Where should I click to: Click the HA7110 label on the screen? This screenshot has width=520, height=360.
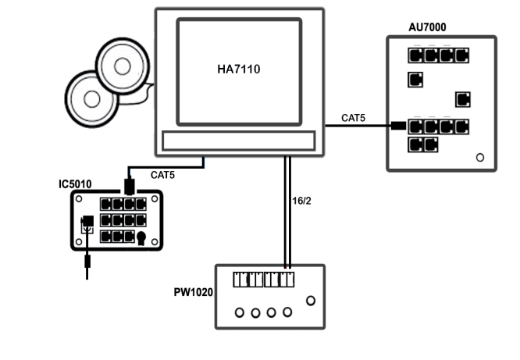[238, 70]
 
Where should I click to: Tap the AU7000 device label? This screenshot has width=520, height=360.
[427, 27]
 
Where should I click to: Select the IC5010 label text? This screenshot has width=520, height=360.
[75, 184]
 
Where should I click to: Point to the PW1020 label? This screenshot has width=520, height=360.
[194, 292]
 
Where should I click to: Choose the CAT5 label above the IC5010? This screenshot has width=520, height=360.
[162, 175]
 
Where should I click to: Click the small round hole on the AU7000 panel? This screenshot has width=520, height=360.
[479, 157]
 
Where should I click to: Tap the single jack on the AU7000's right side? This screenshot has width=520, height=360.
[463, 99]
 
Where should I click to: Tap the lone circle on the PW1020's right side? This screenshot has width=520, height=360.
[311, 300]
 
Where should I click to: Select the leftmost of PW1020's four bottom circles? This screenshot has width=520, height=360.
[239, 313]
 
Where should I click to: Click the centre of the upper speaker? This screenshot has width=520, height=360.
[123, 66]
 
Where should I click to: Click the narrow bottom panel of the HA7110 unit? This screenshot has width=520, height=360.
[238, 140]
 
